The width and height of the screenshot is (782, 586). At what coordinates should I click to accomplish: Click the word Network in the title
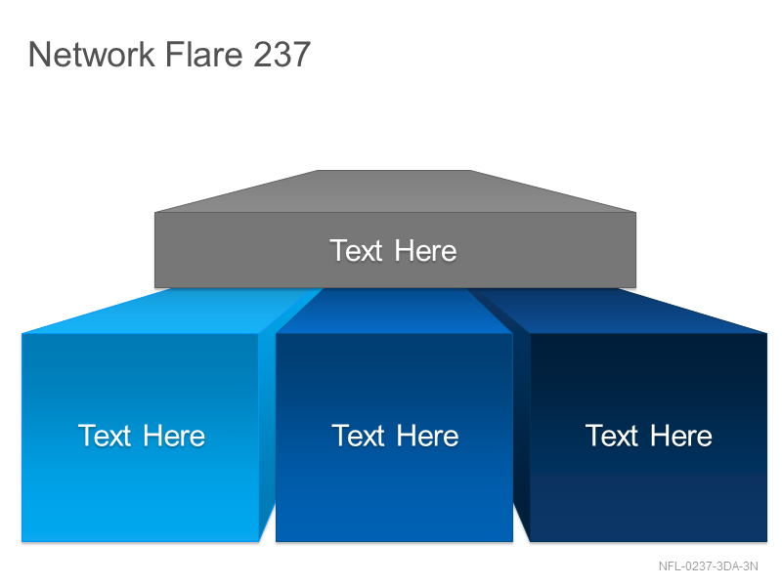click(x=92, y=54)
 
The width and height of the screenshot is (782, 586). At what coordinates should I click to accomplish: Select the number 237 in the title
click(x=282, y=54)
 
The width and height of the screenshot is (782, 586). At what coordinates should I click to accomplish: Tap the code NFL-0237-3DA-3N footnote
click(x=708, y=566)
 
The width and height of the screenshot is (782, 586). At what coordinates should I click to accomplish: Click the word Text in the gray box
click(x=356, y=250)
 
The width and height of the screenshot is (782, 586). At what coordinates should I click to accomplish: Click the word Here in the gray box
click(x=425, y=250)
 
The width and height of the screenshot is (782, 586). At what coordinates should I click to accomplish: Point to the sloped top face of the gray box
click(x=395, y=191)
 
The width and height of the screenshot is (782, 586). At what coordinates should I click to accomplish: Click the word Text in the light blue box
click(x=105, y=436)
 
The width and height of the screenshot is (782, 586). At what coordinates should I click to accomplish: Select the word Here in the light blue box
click(x=174, y=436)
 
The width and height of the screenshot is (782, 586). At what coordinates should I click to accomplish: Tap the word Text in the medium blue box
click(x=358, y=436)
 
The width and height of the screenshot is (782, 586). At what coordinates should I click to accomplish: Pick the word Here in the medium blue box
click(x=428, y=436)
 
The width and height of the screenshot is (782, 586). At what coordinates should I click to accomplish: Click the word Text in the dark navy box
click(x=612, y=436)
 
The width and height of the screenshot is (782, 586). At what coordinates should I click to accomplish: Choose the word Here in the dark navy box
click(x=681, y=436)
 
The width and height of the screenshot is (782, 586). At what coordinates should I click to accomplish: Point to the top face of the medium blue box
click(x=394, y=311)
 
